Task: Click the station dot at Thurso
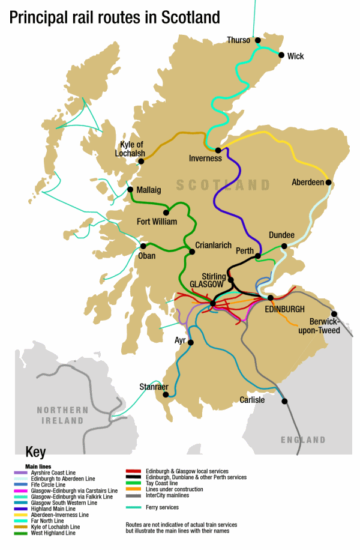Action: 258,41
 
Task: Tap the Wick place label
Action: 295,56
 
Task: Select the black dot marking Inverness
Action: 218,150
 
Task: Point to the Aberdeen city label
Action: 307,182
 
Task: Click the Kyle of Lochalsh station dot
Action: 141,161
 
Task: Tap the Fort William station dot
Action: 166,212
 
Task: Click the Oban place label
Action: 146,256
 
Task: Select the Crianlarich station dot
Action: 193,252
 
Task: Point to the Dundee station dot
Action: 284,246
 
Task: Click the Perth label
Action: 245,250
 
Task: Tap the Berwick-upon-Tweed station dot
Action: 334,313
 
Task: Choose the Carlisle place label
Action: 252,400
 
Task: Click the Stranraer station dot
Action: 164,396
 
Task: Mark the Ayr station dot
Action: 191,342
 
